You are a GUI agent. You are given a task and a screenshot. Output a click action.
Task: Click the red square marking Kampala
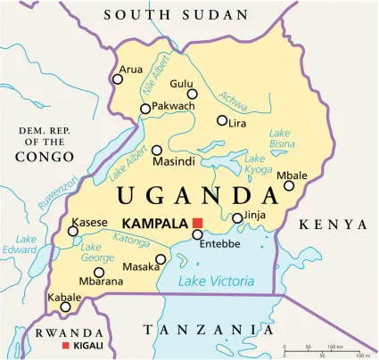(x=198, y=222)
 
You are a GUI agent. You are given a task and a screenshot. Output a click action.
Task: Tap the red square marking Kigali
(x=63, y=345)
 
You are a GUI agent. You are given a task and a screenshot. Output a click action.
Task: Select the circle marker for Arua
(x=118, y=78)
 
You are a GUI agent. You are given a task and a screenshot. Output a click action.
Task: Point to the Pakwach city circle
(x=145, y=109)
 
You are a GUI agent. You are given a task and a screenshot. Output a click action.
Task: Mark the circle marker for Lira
(x=222, y=120)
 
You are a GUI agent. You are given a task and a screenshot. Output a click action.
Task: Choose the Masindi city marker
(x=157, y=151)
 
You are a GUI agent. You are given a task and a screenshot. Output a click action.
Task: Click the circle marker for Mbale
(x=289, y=185)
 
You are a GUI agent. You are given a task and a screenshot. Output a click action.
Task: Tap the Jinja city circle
(x=237, y=217)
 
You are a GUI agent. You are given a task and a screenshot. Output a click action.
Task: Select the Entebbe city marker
(x=197, y=234)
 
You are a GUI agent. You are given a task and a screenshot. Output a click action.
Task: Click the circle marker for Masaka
(x=161, y=260)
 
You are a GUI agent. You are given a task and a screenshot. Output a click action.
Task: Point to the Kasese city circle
(x=73, y=232)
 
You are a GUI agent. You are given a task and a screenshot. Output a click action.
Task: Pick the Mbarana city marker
(x=99, y=273)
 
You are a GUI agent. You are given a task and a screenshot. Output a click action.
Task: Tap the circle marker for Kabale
(x=65, y=307)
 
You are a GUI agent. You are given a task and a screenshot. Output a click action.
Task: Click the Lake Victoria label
(x=215, y=282)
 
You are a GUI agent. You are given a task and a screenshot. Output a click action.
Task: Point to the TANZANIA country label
(x=207, y=331)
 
